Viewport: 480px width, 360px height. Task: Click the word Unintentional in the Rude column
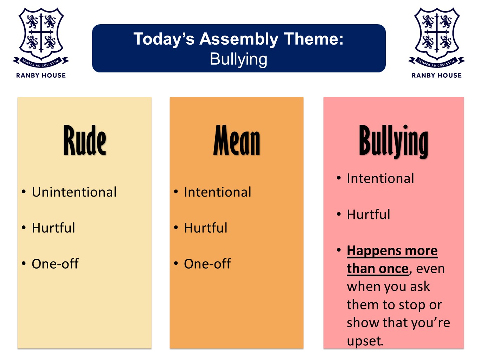(x=74, y=192)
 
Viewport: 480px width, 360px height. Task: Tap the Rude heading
(x=85, y=140)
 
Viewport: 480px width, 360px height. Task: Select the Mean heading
(x=237, y=140)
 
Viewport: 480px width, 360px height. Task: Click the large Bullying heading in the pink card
(x=393, y=141)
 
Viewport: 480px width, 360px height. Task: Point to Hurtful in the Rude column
(x=53, y=228)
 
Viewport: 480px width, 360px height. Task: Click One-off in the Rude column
(x=55, y=264)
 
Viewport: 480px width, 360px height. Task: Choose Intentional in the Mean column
(x=218, y=192)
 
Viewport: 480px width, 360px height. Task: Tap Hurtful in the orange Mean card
(x=206, y=228)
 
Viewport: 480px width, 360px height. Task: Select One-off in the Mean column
(x=207, y=264)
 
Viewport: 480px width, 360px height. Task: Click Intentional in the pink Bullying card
(x=380, y=178)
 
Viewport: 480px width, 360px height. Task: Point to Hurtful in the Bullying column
(x=369, y=214)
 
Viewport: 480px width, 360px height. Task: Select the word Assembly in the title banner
(x=239, y=39)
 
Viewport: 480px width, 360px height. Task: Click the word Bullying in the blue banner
(x=238, y=59)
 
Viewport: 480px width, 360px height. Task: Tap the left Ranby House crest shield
(x=41, y=34)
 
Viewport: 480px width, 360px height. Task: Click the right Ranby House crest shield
(x=437, y=34)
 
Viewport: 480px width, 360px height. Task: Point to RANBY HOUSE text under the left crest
(x=41, y=75)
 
